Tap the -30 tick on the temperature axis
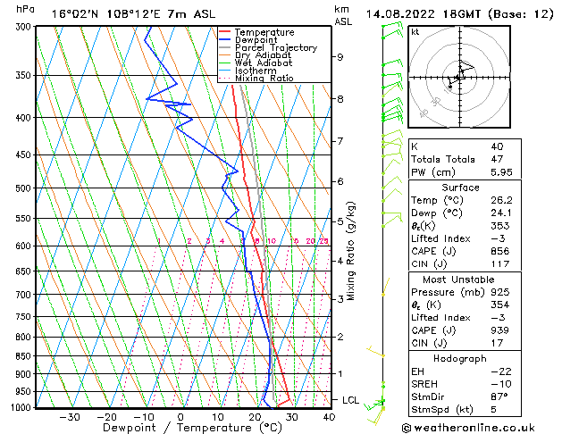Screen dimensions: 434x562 pos(69,417)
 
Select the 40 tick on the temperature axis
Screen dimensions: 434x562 pos(329,417)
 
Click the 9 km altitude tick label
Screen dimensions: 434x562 pos(340,57)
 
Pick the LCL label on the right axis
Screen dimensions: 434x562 pos(351,400)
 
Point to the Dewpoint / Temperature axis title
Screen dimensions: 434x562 pos(180,428)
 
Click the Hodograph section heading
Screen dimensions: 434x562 pos(460,358)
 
